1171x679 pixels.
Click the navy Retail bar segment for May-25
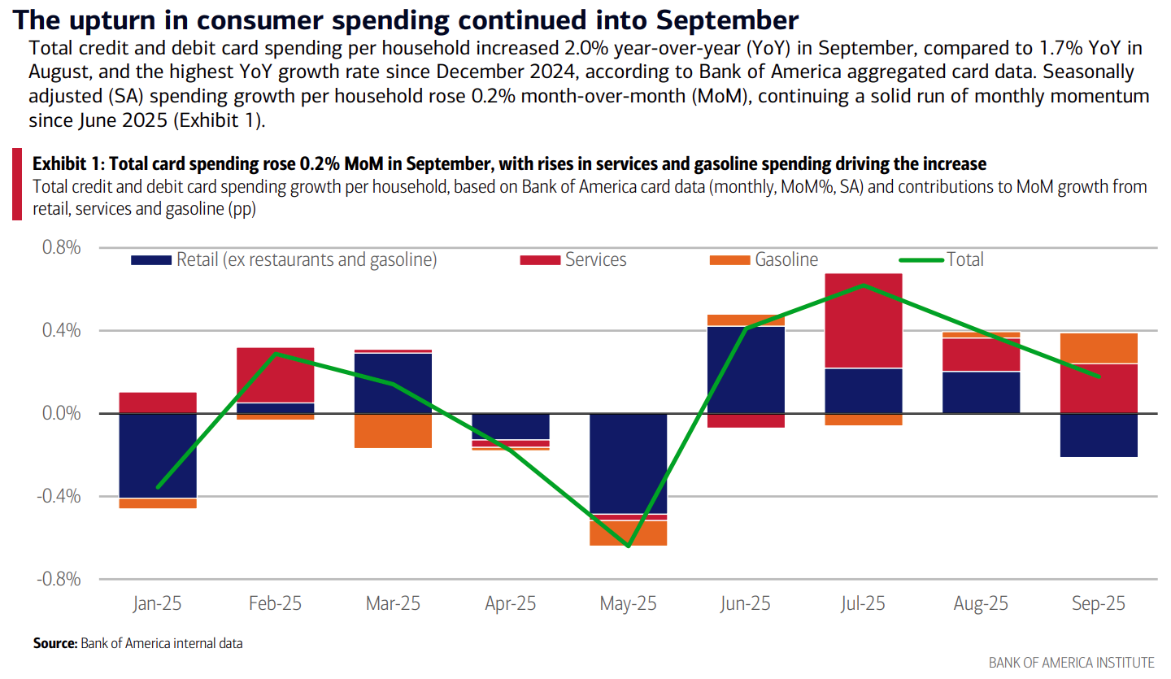[x=628, y=464]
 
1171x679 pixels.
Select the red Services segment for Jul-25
[x=864, y=320]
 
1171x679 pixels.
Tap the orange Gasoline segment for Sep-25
[x=1099, y=348]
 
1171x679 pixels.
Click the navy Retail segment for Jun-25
[x=746, y=369]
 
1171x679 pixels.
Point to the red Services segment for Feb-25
[x=275, y=375]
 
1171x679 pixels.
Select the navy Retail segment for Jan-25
[x=157, y=455]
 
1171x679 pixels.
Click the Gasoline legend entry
[x=786, y=260]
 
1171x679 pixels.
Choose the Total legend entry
[x=964, y=260]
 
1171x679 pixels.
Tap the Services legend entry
[x=595, y=260]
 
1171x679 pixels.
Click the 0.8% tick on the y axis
[x=61, y=247]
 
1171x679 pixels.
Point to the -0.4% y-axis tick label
[x=59, y=496]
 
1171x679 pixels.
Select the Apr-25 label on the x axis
[x=511, y=604]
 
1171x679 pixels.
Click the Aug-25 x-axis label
[x=982, y=604]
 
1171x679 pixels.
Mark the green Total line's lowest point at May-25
[x=629, y=546]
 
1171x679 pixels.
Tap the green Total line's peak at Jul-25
[x=864, y=285]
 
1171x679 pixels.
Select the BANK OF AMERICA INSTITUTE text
[x=1071, y=663]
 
